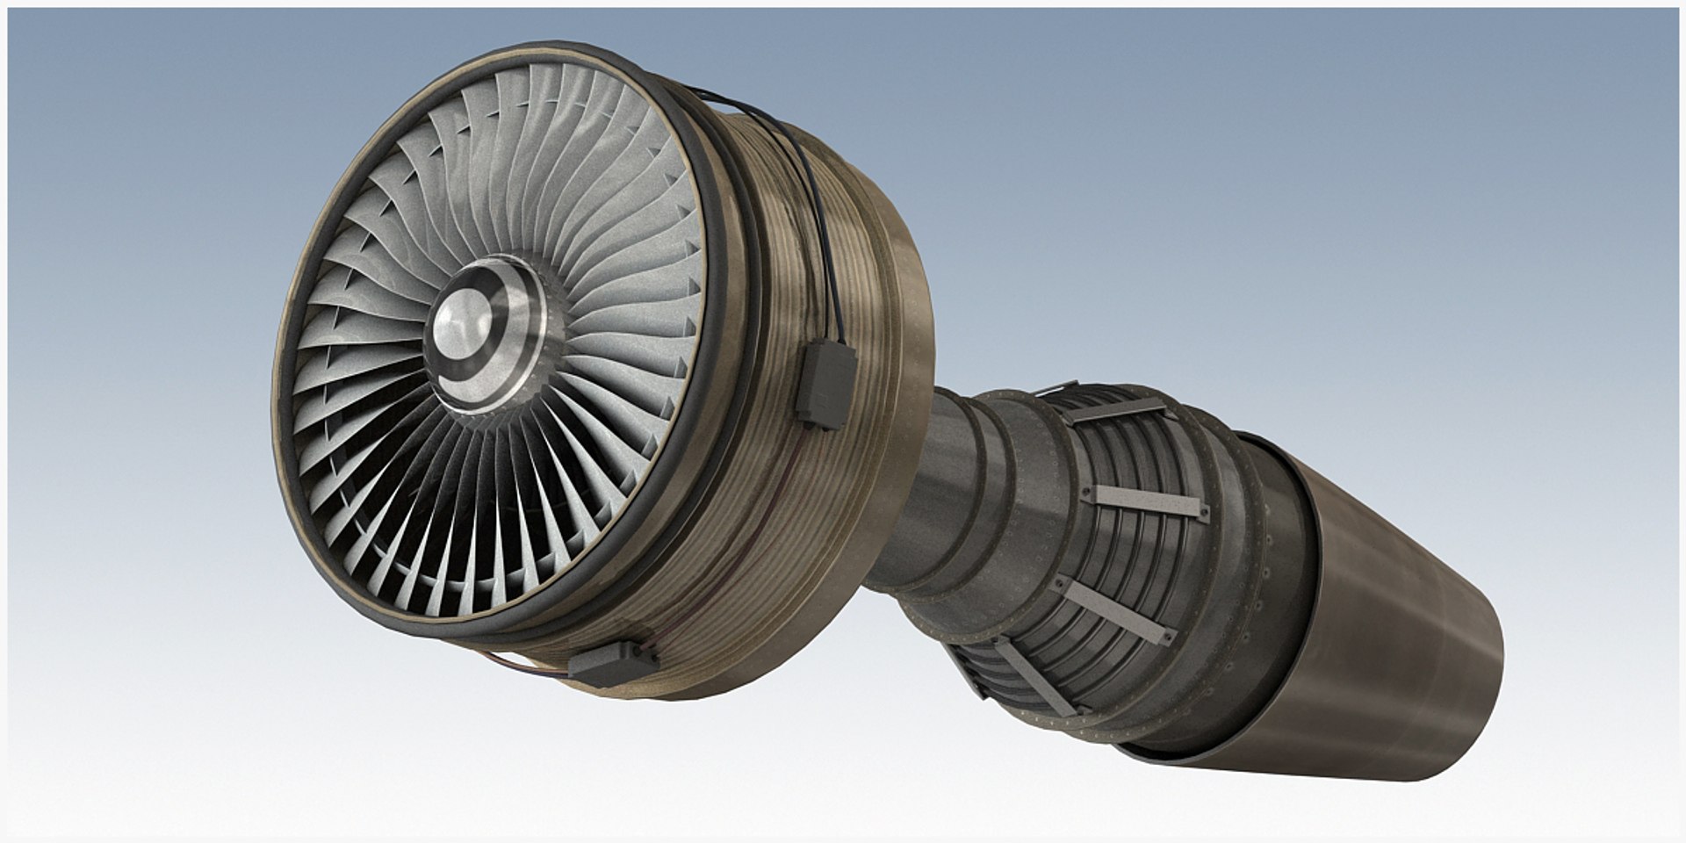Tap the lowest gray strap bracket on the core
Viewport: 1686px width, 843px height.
[1036, 676]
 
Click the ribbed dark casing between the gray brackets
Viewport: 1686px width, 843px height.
[1133, 553]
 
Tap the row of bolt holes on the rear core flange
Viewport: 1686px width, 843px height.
[1264, 571]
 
